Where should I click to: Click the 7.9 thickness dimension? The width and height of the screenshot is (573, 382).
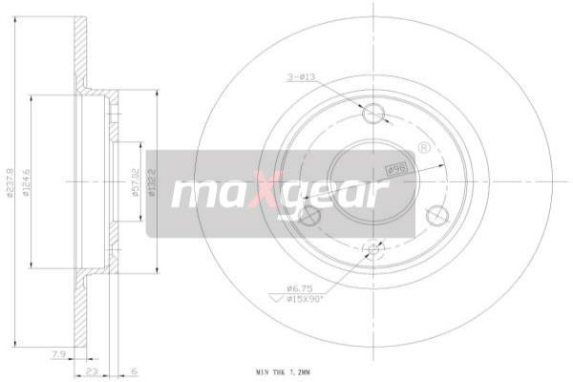60,355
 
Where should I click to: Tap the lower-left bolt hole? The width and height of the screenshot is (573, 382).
310,217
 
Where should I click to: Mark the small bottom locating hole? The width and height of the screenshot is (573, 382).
373,251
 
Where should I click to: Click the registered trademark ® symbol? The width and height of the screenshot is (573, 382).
423,147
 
